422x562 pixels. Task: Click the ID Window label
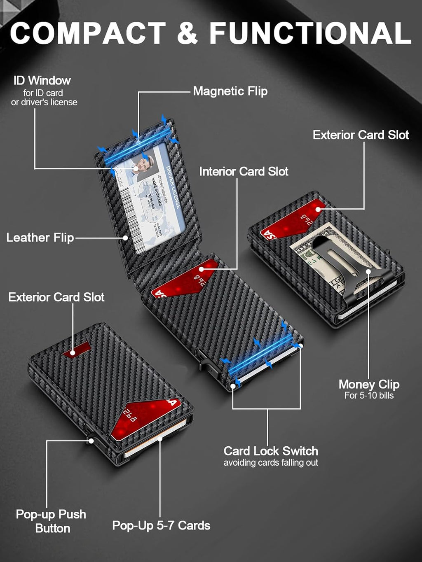(42, 80)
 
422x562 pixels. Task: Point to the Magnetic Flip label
(230, 91)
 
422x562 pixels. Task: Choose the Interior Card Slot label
(244, 171)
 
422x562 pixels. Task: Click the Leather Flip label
(40, 238)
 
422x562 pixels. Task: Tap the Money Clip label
(369, 384)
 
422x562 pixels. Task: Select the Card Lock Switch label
(271, 451)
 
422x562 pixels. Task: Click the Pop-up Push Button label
(51, 521)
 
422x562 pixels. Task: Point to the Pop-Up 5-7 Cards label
(161, 525)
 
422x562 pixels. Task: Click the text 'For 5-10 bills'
(369, 396)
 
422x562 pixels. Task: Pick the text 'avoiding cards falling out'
(271, 463)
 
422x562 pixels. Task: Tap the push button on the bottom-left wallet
(91, 441)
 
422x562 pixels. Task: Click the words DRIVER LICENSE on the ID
(173, 187)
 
